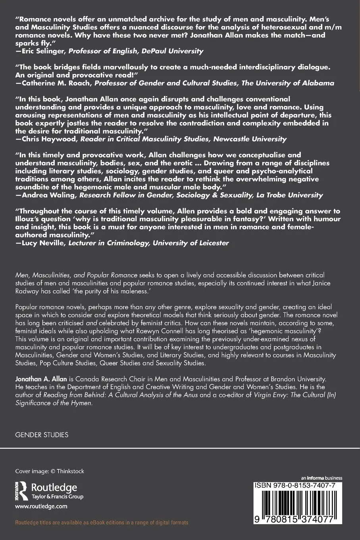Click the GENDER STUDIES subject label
pyautogui.click(x=42, y=435)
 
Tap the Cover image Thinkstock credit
pyautogui.click(x=50, y=471)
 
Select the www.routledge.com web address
pyautogui.click(x=41, y=506)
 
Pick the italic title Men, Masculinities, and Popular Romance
pyautogui.click(x=76, y=275)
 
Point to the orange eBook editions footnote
pyautogui.click(x=102, y=523)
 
